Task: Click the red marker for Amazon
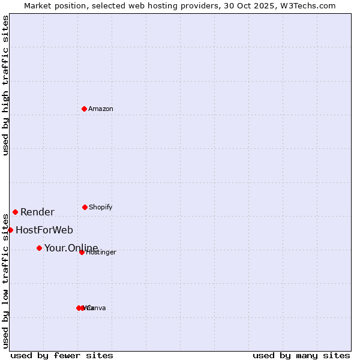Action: point(85,109)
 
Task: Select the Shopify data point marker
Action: point(85,207)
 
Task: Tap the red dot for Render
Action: point(15,212)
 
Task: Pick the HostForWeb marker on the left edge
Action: point(10,230)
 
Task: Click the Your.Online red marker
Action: point(39,248)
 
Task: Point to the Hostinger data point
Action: point(82,252)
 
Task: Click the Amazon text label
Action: point(101,109)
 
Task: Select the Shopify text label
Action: point(101,207)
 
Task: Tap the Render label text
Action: point(37,212)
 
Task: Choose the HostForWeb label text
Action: point(44,230)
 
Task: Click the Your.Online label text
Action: point(71,248)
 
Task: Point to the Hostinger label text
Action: point(101,253)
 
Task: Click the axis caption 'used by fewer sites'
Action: point(62,355)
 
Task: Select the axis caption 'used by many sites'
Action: point(301,355)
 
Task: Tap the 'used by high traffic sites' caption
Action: point(5,85)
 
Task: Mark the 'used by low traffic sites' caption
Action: point(5,280)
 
